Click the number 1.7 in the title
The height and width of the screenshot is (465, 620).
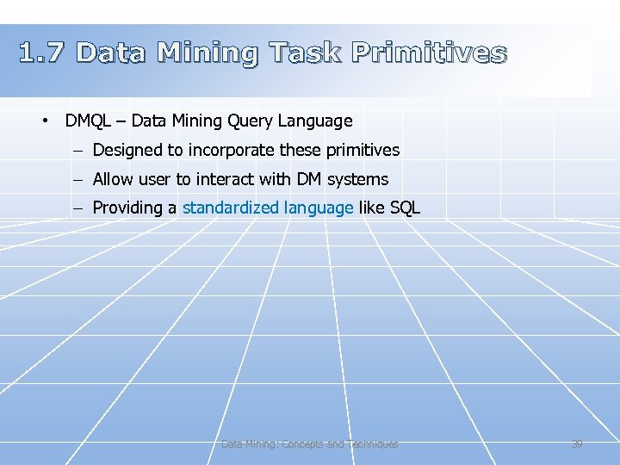(42, 53)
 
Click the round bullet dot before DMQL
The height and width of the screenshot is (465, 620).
(44, 121)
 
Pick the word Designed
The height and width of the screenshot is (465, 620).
(127, 151)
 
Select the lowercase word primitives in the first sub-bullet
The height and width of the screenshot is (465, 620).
(363, 151)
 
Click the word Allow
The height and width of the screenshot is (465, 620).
(112, 180)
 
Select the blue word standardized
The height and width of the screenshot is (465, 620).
(231, 208)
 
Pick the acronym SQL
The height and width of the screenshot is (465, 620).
(405, 208)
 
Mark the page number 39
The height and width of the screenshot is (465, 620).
(577, 444)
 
